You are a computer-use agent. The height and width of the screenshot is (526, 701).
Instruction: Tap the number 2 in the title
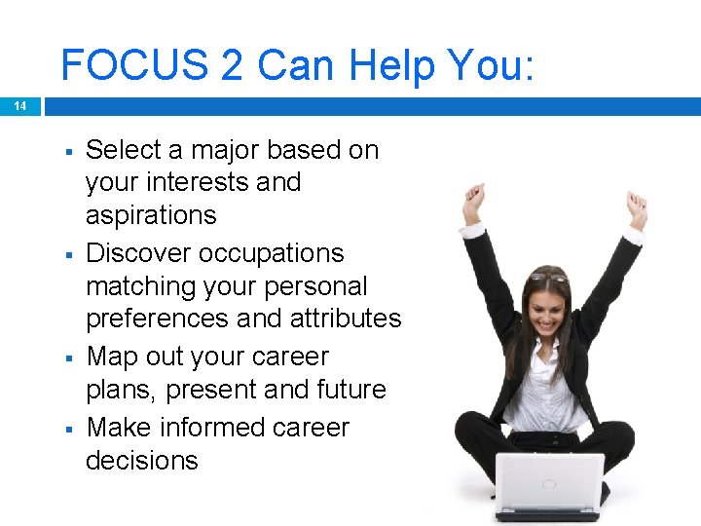pyautogui.click(x=232, y=65)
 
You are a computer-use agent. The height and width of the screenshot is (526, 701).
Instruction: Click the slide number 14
pyautogui.click(x=19, y=106)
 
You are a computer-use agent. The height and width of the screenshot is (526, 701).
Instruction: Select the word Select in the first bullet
pyautogui.click(x=125, y=150)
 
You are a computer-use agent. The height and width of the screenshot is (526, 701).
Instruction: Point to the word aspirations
pyautogui.click(x=151, y=215)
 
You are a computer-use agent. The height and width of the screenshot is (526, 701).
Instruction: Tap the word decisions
pyautogui.click(x=142, y=461)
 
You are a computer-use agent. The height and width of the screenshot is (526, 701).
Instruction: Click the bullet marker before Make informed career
pyautogui.click(x=70, y=429)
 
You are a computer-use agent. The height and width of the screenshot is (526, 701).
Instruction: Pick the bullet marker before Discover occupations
pyautogui.click(x=70, y=254)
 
